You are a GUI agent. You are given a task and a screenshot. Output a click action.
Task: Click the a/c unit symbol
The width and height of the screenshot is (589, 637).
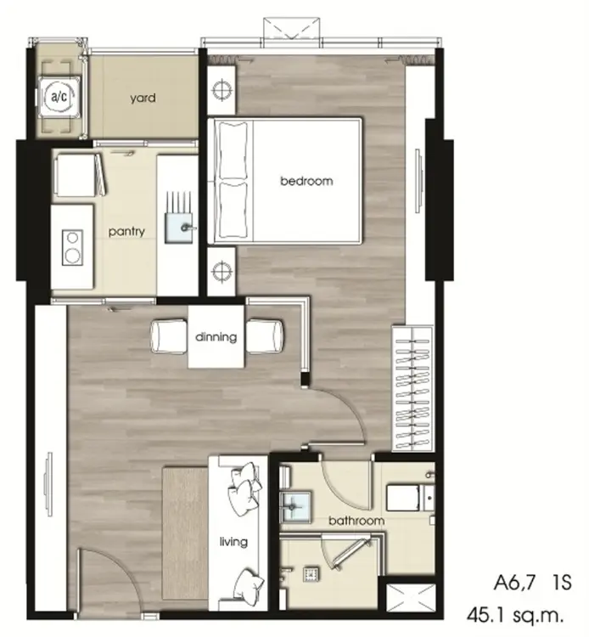coord(59,97)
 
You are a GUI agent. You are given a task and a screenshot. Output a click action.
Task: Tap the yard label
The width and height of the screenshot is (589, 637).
coord(143,98)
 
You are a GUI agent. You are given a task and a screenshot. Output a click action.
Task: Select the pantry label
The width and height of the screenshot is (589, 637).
coord(126,232)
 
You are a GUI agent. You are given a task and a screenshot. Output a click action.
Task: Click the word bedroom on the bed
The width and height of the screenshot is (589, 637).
coord(306,181)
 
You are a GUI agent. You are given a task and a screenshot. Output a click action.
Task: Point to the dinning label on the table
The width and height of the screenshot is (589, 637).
coord(216,337)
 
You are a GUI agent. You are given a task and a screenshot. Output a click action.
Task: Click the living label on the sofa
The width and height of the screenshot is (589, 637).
coord(233,542)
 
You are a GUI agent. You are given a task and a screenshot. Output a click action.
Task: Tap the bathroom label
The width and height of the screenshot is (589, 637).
coord(356,521)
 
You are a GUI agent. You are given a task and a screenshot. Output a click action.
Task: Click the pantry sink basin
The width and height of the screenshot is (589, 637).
coord(179,228)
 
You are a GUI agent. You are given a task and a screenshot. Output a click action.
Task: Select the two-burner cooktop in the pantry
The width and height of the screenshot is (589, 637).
coord(73,248)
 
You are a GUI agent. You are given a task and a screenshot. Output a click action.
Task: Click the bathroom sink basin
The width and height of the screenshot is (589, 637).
coord(295,506)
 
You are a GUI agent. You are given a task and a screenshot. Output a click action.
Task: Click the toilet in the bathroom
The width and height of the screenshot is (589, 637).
coord(410,497)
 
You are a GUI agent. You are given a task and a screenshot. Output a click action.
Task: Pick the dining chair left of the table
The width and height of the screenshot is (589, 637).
coord(169,336)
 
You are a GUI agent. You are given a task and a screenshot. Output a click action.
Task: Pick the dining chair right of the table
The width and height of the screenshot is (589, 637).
coord(264,336)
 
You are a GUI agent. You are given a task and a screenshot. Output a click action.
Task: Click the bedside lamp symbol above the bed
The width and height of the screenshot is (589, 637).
coord(222,90)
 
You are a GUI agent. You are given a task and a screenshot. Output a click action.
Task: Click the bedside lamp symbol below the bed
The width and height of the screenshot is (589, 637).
coord(222,271)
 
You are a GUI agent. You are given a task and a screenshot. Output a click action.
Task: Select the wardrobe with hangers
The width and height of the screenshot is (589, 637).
coord(412,388)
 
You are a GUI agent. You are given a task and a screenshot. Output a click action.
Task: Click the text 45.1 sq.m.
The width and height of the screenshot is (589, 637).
coord(515,615)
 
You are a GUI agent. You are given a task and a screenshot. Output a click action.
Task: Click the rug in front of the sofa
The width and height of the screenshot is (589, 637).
coord(186,533)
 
